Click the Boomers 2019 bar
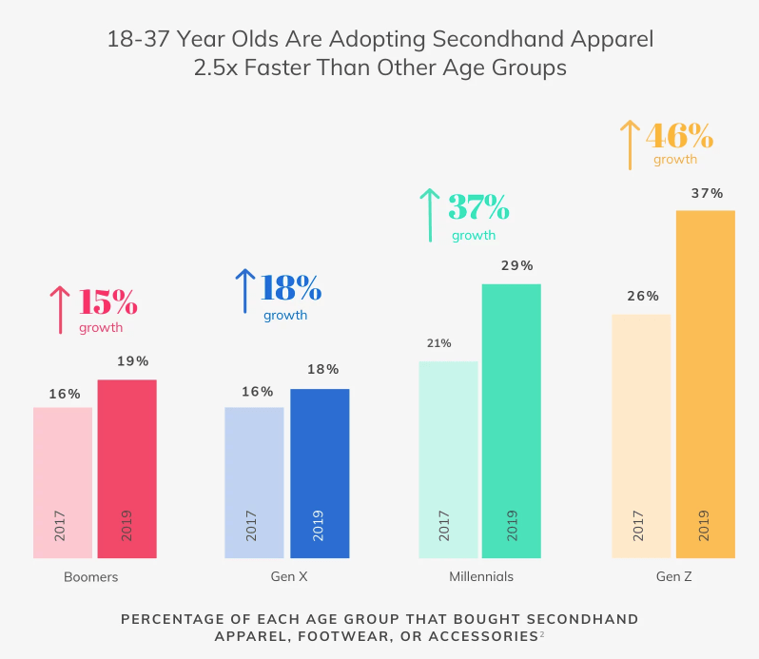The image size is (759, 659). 126,468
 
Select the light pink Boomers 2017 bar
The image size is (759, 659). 63,482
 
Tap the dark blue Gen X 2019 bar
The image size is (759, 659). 320,473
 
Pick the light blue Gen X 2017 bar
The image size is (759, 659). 254,482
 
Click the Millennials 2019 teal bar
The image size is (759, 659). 511,420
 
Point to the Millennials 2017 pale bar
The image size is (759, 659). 448,459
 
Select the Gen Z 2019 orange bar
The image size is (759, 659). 705,383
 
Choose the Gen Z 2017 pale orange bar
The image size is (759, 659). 641,436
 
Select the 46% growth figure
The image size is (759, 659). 679,135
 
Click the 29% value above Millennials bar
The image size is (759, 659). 517,265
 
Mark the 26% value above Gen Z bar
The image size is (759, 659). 643,296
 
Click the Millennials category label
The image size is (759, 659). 481,576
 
